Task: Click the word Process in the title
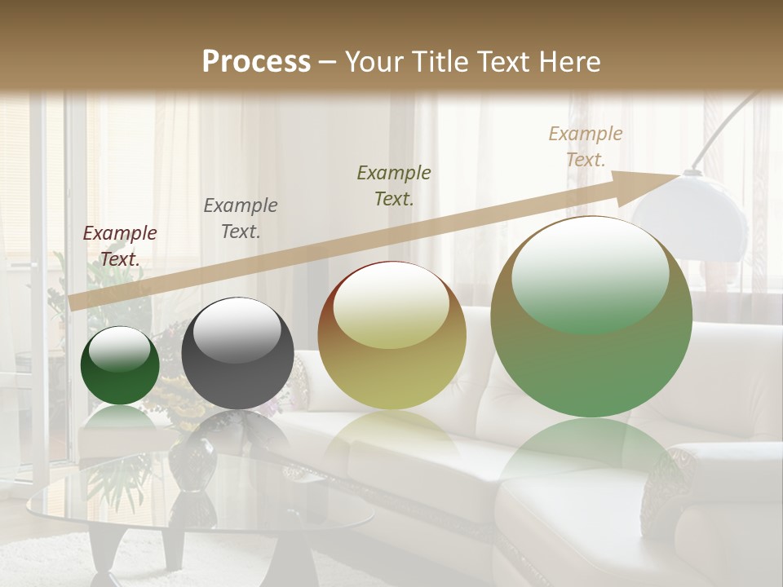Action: (256, 61)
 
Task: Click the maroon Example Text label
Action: (120, 245)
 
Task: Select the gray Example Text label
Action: (240, 218)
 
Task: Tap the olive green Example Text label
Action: (394, 185)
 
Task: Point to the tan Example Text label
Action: (585, 146)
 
